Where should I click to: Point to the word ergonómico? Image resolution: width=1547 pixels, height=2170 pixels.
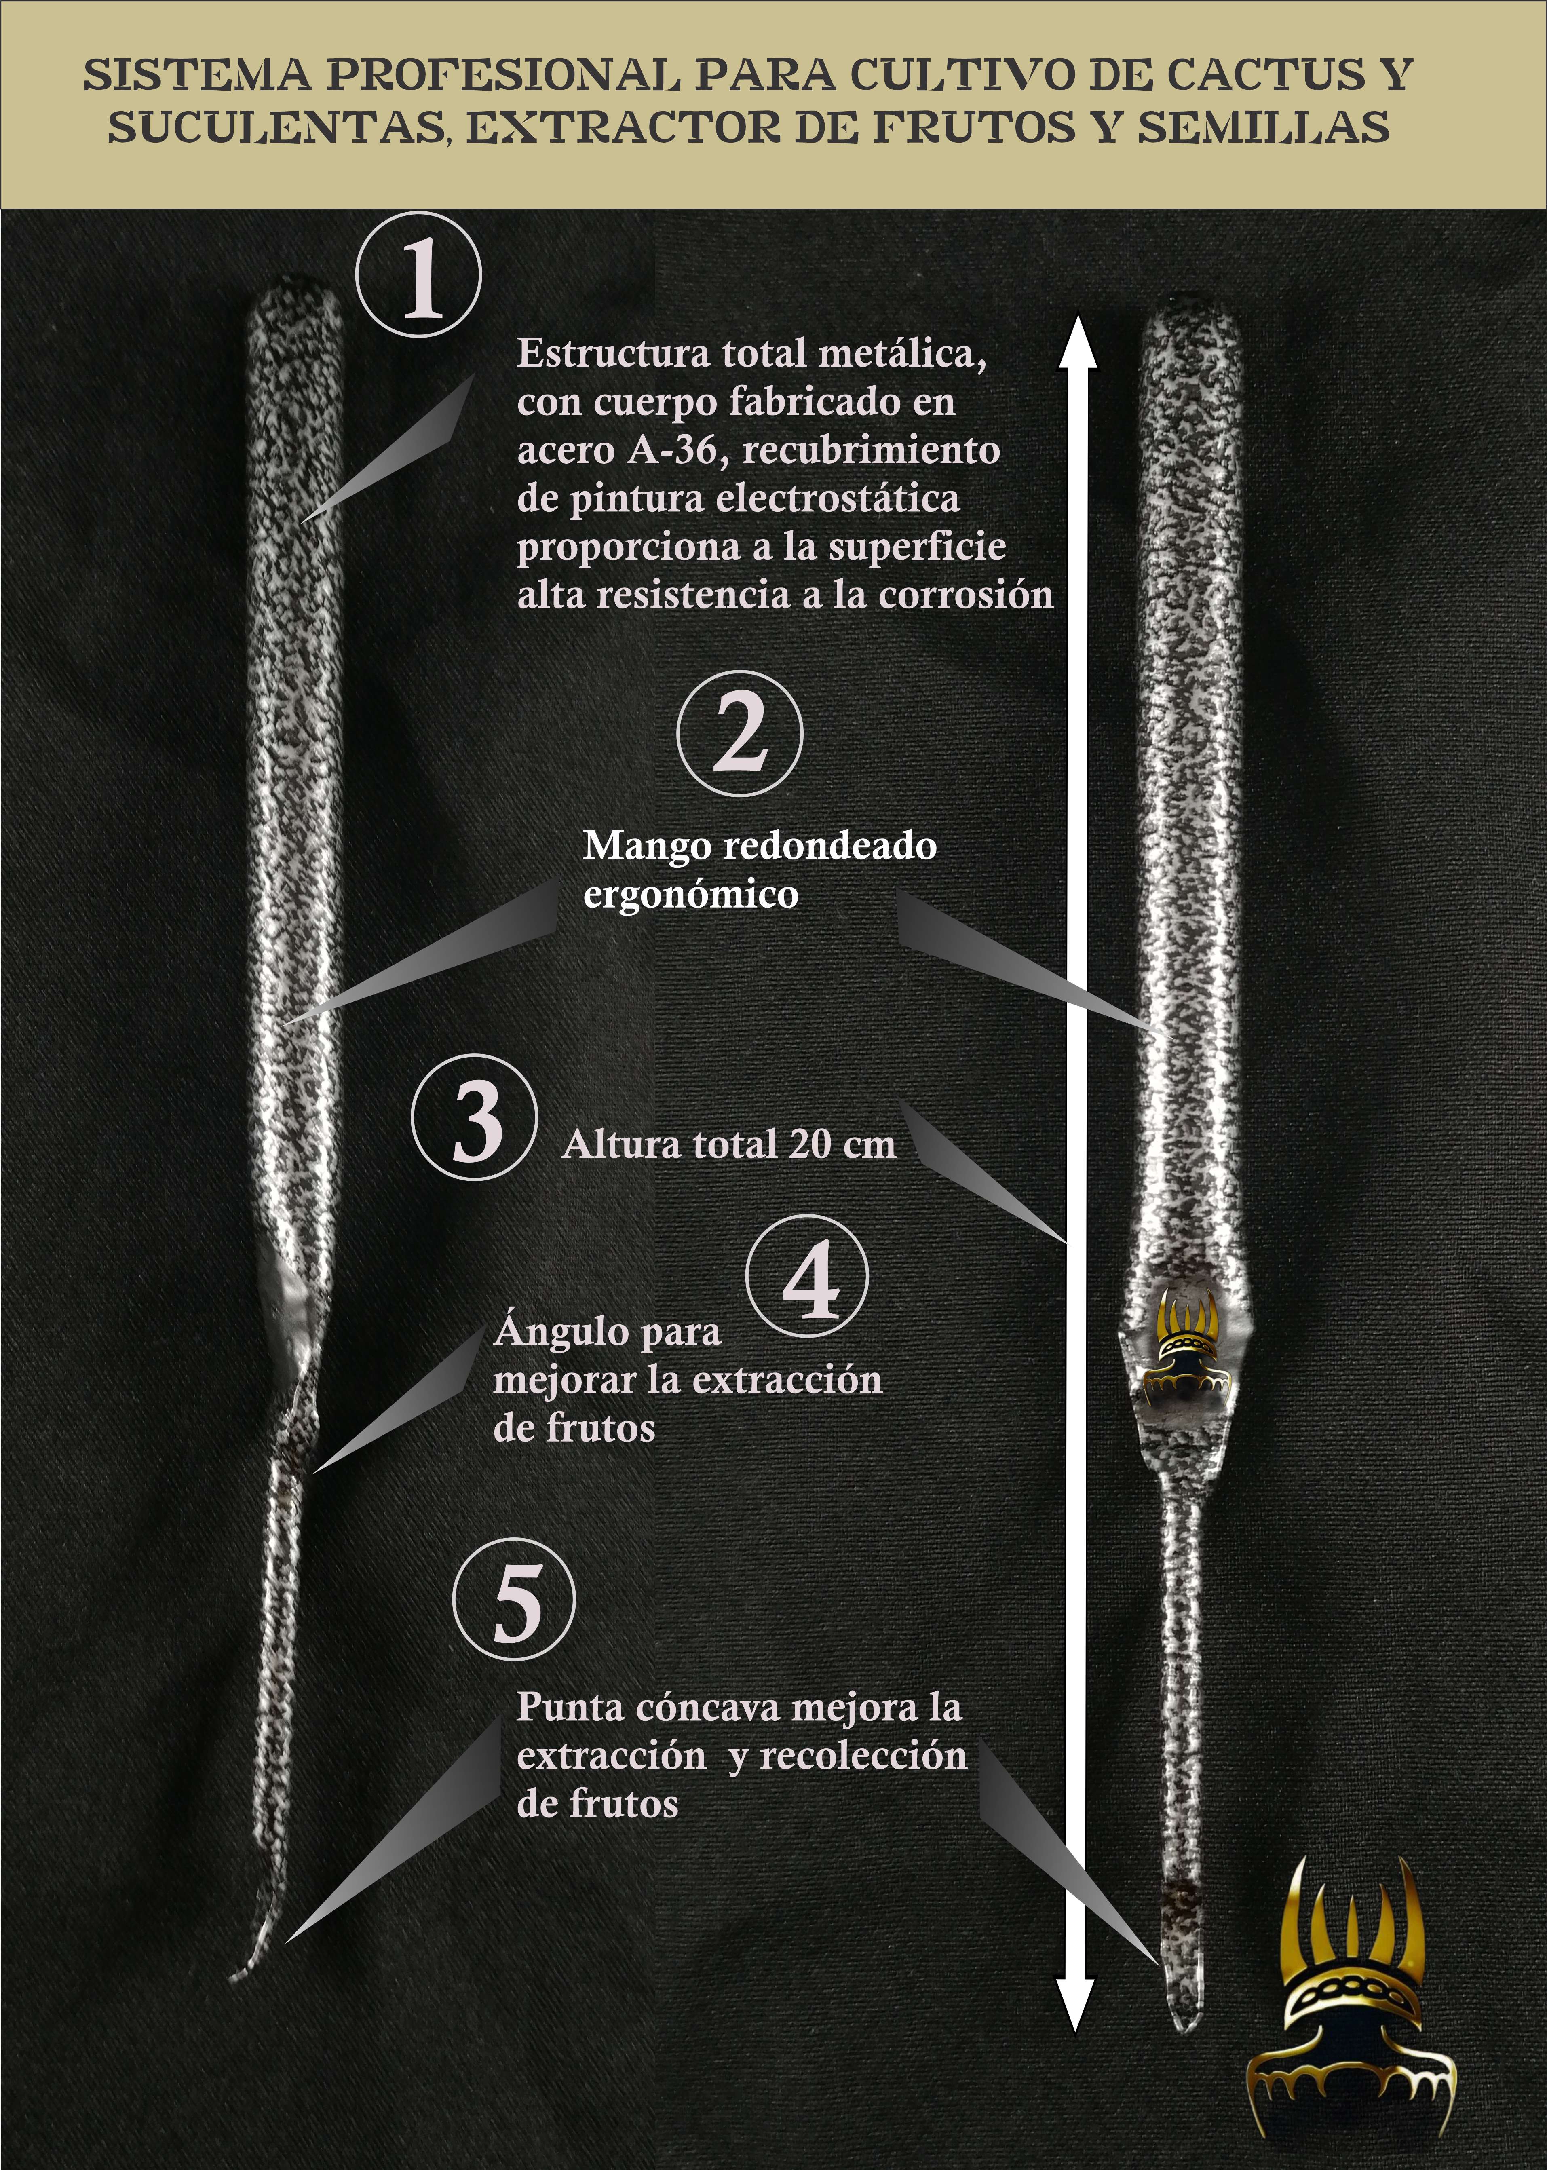[690, 895]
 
